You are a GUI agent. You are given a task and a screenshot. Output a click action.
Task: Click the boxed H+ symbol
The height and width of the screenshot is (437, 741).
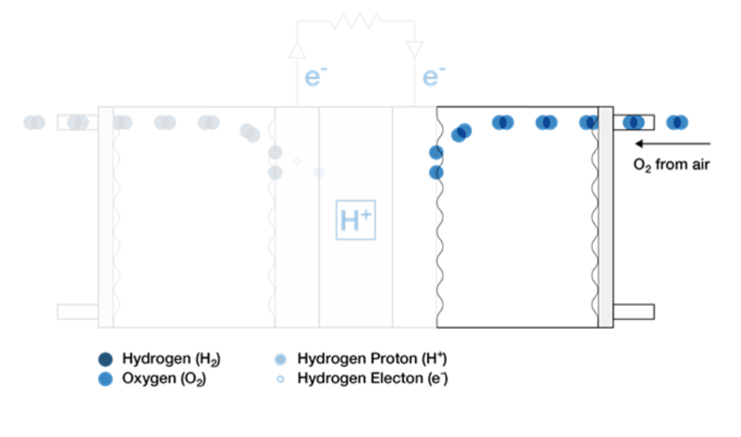tap(355, 220)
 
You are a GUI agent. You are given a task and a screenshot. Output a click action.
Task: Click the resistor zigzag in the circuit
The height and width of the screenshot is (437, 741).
tap(355, 21)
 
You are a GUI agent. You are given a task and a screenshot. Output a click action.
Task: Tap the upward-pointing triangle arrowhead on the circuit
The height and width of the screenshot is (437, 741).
tap(297, 50)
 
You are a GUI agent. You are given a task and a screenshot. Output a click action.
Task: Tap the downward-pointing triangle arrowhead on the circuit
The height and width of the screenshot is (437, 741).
tap(414, 50)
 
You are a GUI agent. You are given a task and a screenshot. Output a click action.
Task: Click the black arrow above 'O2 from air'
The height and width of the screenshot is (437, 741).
tap(672, 144)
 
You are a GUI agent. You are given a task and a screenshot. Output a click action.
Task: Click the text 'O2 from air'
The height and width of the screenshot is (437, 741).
tap(671, 164)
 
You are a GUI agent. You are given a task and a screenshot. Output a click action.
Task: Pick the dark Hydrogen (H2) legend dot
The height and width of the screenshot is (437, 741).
tap(105, 359)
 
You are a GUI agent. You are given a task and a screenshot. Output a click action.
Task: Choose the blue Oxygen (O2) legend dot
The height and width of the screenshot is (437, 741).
tap(105, 379)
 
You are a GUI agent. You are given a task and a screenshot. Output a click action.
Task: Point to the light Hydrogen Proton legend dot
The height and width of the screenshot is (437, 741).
tap(280, 360)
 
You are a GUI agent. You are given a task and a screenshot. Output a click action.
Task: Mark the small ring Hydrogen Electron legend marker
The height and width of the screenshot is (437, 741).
tap(280, 379)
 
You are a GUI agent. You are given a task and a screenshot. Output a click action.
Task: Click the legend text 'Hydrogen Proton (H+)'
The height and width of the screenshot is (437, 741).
tap(372, 359)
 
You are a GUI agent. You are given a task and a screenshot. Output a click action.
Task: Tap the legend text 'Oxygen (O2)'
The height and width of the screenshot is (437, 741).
tap(164, 379)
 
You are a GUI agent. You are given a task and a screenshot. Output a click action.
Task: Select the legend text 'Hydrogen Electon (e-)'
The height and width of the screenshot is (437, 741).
tap(372, 379)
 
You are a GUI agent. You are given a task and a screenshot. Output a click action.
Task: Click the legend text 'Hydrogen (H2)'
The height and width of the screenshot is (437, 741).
tap(171, 359)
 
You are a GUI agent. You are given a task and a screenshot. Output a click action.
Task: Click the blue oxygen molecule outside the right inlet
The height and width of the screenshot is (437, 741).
tap(677, 122)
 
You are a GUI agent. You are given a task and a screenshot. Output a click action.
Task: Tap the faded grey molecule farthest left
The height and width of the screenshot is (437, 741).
tap(35, 122)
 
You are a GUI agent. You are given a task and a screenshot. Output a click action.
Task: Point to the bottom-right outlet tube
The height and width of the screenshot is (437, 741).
tap(633, 312)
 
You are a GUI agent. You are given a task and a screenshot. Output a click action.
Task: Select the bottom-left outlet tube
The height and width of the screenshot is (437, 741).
tap(78, 312)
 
